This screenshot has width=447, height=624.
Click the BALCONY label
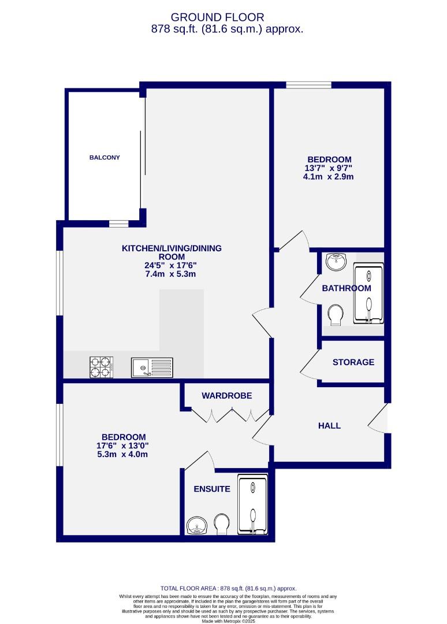click(x=105, y=157)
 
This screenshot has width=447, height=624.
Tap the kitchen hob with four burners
click(x=100, y=367)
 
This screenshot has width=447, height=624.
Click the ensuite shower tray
click(x=252, y=504)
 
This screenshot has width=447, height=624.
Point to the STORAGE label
click(x=353, y=362)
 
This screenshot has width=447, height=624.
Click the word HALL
click(x=329, y=426)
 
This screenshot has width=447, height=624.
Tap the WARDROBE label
click(x=226, y=396)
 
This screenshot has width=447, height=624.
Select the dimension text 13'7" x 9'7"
click(x=329, y=168)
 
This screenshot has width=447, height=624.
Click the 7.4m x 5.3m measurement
click(x=171, y=274)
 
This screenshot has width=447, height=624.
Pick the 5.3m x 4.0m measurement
click(x=123, y=454)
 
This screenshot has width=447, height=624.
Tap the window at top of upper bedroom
click(x=308, y=86)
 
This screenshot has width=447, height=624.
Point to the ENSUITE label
click(x=211, y=489)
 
